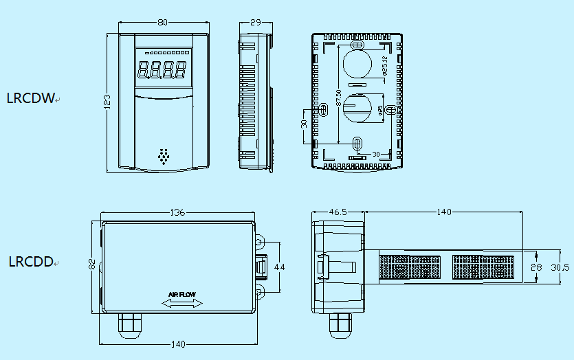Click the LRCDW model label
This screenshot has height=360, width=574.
tap(30, 98)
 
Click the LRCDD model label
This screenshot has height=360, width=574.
tap(31, 262)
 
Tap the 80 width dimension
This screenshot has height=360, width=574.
tap(163, 22)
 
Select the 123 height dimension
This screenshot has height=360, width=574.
tap(107, 102)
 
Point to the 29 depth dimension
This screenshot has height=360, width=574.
tap(255, 22)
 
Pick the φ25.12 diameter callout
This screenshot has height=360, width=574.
tap(384, 67)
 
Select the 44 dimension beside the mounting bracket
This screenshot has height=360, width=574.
tap(279, 267)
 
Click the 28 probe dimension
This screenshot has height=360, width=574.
tap(537, 267)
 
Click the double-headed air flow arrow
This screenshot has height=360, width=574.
tap(182, 303)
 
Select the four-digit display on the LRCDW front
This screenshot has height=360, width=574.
tap(162, 69)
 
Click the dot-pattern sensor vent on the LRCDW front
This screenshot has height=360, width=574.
tap(164, 156)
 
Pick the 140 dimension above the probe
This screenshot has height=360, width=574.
tap(444, 212)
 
